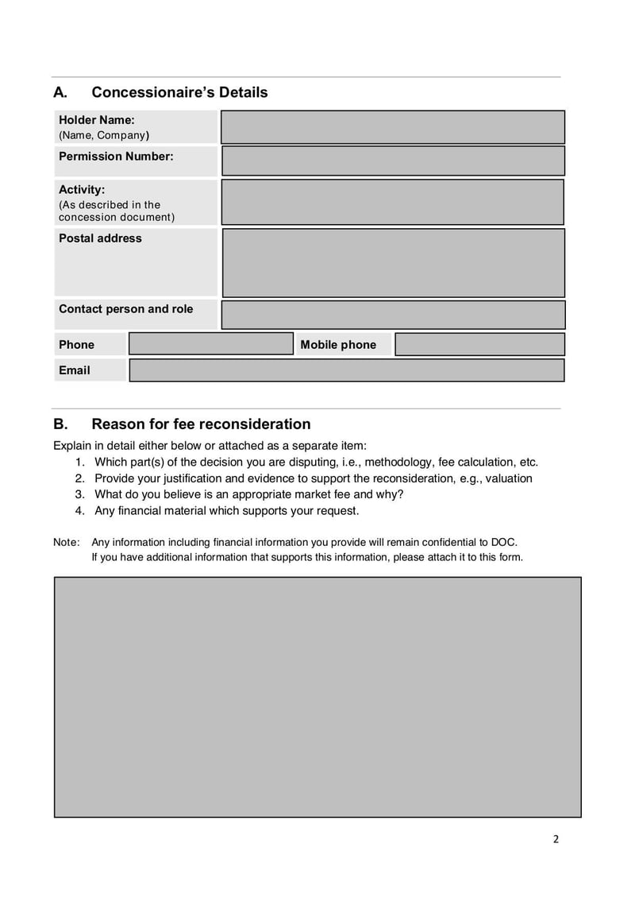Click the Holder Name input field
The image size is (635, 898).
click(x=393, y=127)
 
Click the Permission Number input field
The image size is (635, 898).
click(x=393, y=161)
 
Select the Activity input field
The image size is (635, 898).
click(x=393, y=202)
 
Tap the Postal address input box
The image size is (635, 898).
click(x=393, y=263)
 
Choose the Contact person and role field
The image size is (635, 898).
click(x=393, y=315)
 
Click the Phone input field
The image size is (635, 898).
click(x=211, y=344)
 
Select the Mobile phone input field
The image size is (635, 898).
click(x=479, y=344)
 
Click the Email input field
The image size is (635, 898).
click(x=347, y=370)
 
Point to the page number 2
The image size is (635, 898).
click(x=556, y=839)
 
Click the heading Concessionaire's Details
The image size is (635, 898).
click(x=179, y=92)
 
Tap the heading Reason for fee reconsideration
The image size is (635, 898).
click(x=201, y=424)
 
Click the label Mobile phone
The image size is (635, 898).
click(x=338, y=345)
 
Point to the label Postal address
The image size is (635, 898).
click(x=100, y=238)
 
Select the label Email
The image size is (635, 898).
click(x=75, y=370)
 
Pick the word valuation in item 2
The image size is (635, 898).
click(x=509, y=478)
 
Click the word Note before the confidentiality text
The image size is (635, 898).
click(x=66, y=542)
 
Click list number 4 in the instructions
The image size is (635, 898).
click(x=79, y=510)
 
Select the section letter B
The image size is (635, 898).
click(x=60, y=424)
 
